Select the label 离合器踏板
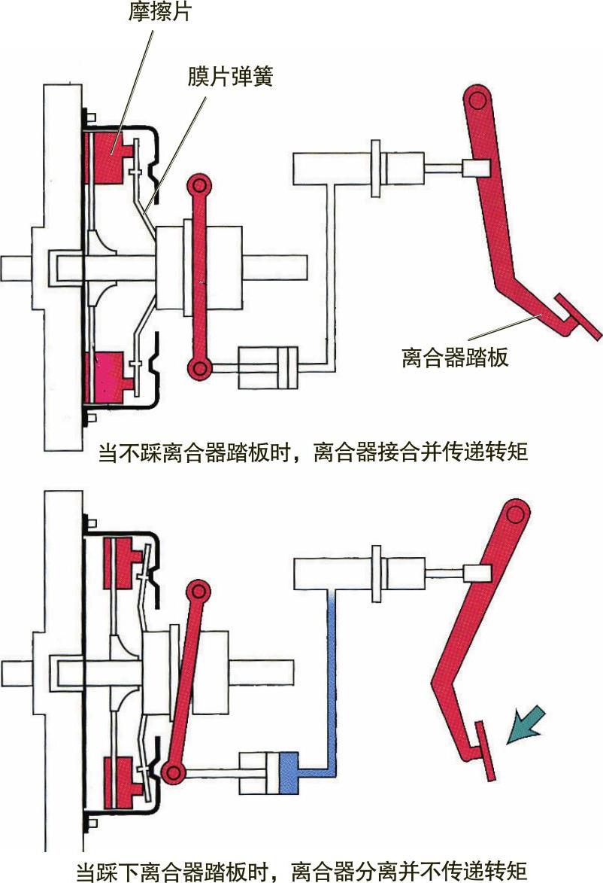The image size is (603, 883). click(456, 356)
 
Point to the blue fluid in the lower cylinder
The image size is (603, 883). click(288, 772)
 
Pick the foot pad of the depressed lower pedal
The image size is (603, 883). click(485, 750)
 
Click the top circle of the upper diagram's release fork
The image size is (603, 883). click(199, 186)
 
